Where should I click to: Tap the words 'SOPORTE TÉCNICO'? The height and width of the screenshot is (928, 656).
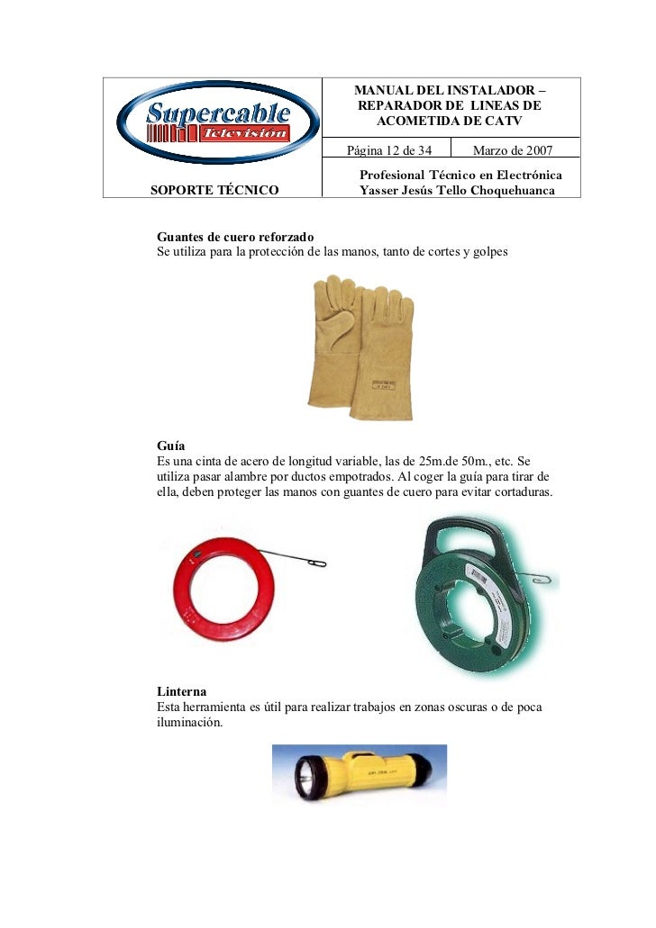coord(214,190)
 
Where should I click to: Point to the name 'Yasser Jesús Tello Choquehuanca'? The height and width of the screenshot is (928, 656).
coord(458,190)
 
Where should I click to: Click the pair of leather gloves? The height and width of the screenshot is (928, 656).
coord(360,347)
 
